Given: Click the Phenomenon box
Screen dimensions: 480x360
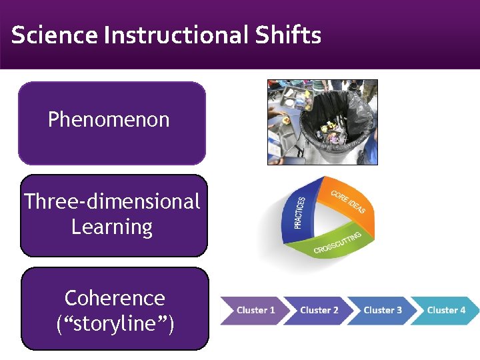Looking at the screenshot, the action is click(x=111, y=123).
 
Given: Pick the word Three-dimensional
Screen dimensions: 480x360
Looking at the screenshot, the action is click(x=112, y=201).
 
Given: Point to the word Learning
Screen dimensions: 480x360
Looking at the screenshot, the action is click(x=112, y=227).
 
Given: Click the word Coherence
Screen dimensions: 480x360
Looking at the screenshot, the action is click(x=115, y=297).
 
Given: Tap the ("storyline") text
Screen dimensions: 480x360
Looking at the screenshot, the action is click(x=115, y=325).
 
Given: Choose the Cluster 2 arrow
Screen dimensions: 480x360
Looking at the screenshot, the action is click(x=319, y=310).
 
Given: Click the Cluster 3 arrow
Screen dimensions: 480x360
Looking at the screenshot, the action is click(x=382, y=310).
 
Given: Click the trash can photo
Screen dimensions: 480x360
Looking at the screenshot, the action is click(x=323, y=122).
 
